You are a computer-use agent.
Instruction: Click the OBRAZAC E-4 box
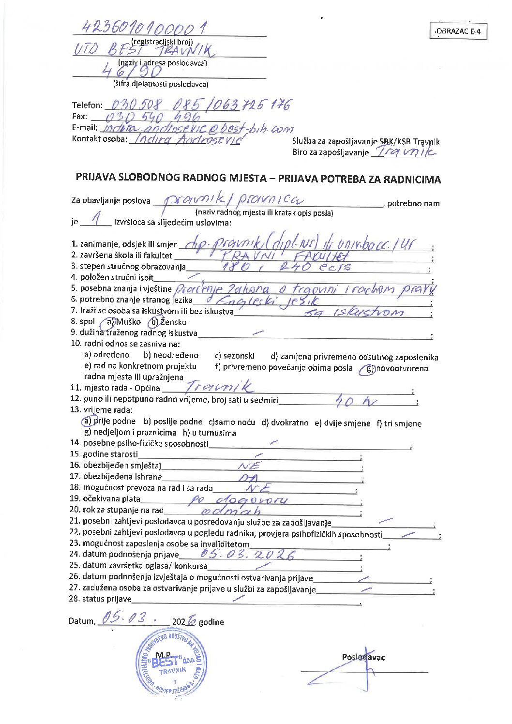458,31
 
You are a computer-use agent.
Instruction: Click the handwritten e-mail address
197,128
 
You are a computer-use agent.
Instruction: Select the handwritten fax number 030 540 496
153,117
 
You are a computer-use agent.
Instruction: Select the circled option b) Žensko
167,322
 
